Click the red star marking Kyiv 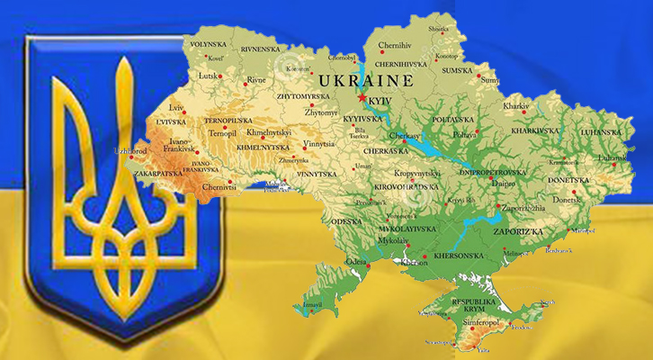362,96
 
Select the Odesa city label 355,262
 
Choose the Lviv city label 175,108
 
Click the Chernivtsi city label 219,188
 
